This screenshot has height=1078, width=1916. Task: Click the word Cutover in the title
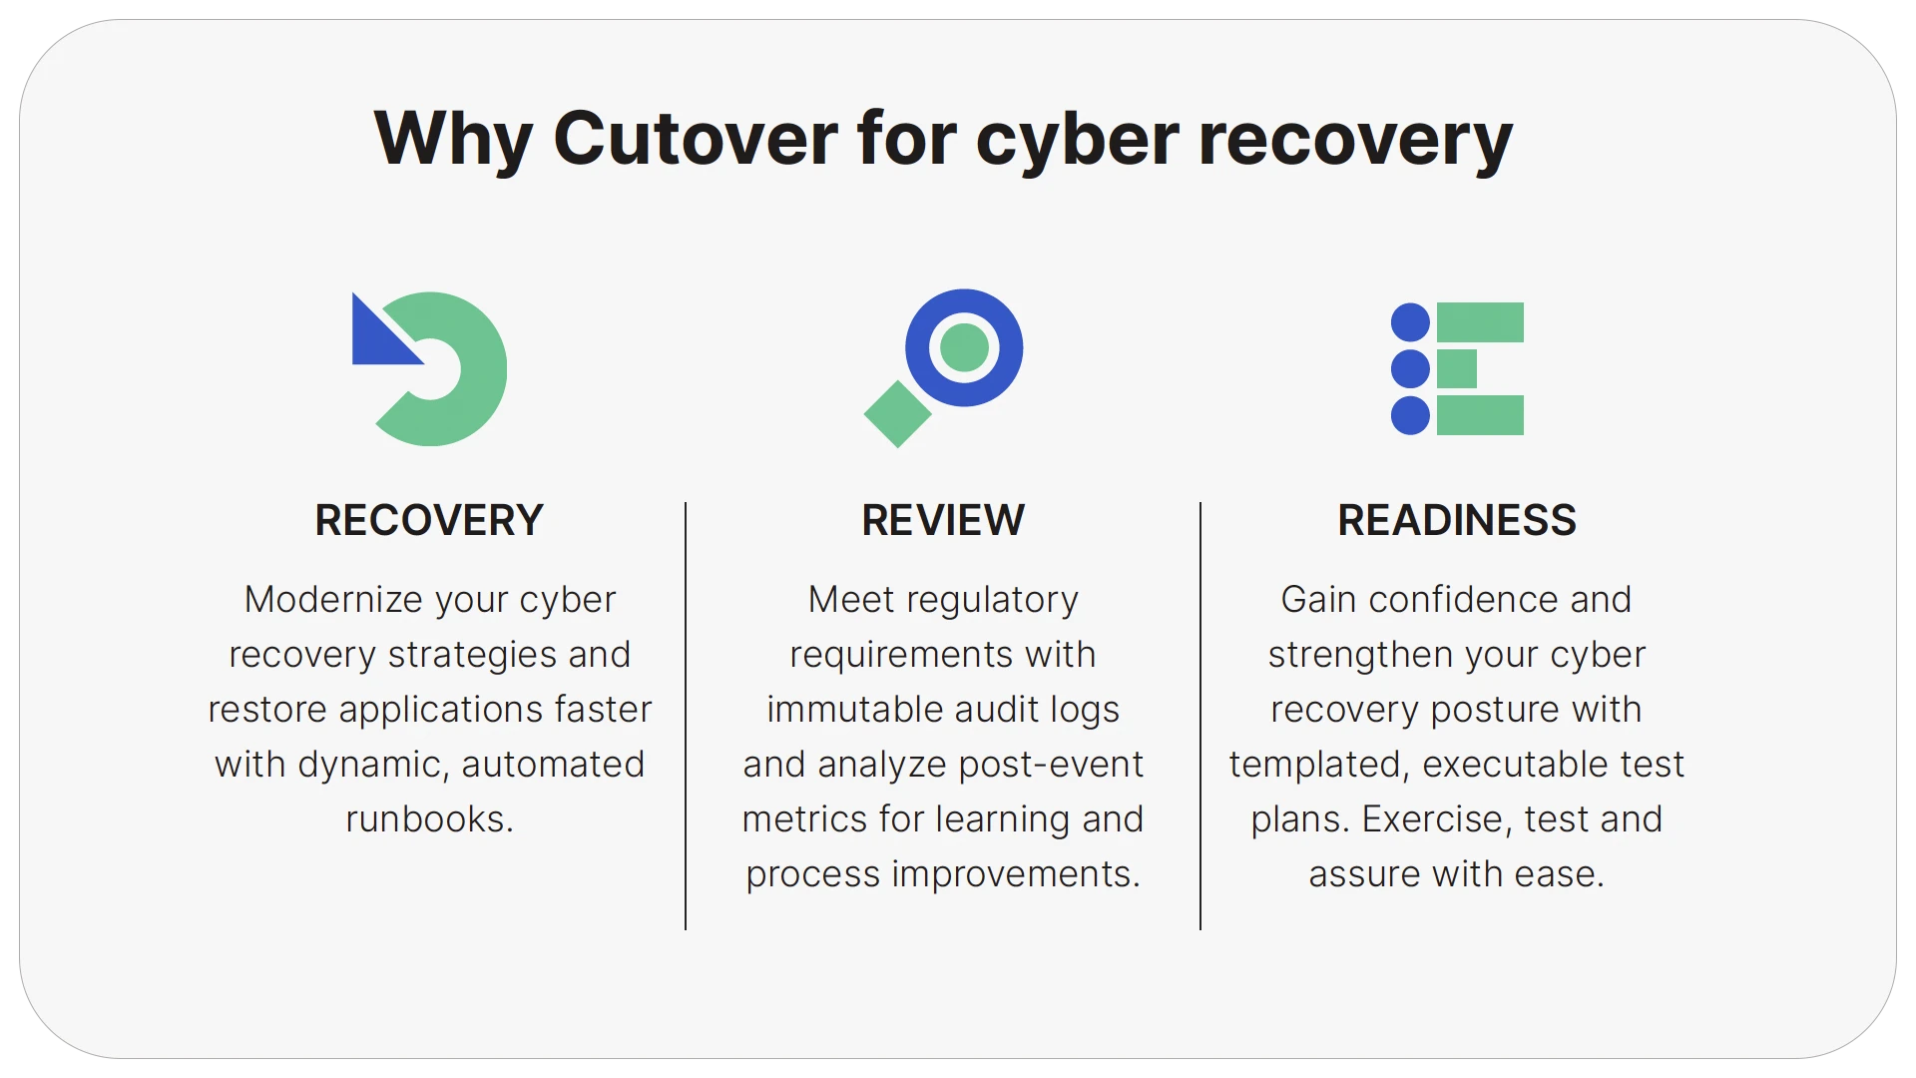[695, 138]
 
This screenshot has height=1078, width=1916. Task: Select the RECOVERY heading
[429, 520]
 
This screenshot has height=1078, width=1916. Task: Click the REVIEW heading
[943, 520]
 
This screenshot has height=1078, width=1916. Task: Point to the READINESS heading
[1457, 520]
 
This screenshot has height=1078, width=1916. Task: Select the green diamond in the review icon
[897, 413]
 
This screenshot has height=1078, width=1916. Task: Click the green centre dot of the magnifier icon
[964, 347]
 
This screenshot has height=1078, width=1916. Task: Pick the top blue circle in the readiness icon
[1410, 322]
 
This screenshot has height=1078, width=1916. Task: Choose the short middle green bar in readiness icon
[1457, 368]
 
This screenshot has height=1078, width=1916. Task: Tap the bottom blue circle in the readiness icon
[1410, 415]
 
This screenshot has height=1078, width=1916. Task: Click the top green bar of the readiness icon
[1480, 322]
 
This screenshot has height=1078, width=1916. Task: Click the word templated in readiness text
[1318, 765]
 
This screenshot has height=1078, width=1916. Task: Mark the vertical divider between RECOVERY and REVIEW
[686, 715]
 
